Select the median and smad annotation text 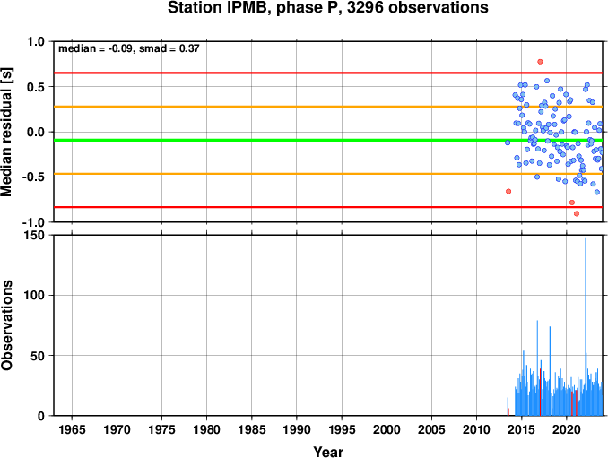pyautogui.click(x=129, y=48)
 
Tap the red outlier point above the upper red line pyautogui.click(x=540, y=62)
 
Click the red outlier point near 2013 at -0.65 pyautogui.click(x=508, y=191)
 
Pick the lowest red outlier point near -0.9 pyautogui.click(x=577, y=213)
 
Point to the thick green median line pyautogui.click(x=328, y=140)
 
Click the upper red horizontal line pyautogui.click(x=328, y=73)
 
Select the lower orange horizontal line pyautogui.click(x=328, y=174)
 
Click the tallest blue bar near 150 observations pyautogui.click(x=586, y=326)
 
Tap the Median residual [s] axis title pyautogui.click(x=6, y=132)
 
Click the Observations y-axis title pyautogui.click(x=6, y=325)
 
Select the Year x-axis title pyautogui.click(x=328, y=452)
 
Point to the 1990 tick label pyautogui.click(x=297, y=429)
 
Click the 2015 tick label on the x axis pyautogui.click(x=522, y=429)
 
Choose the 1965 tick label pyautogui.click(x=72, y=429)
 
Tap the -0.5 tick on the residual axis pyautogui.click(x=35, y=177)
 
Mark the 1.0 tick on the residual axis pyautogui.click(x=38, y=41)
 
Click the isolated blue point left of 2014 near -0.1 pyautogui.click(x=508, y=143)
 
